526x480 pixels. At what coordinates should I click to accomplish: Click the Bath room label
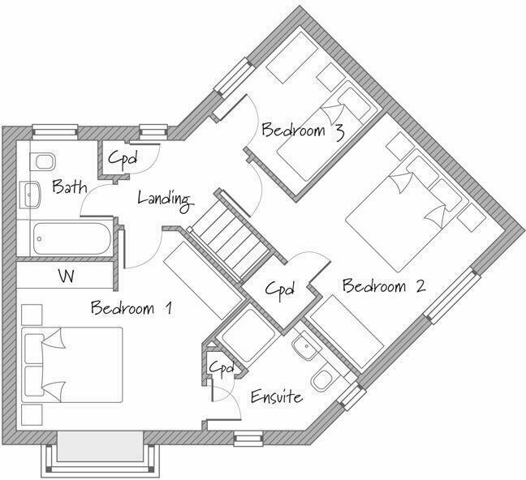(x=69, y=188)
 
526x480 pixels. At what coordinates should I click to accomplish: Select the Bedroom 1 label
(x=131, y=308)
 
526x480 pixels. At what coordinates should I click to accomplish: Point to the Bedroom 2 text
(x=383, y=286)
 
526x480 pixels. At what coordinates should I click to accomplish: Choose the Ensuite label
(x=276, y=397)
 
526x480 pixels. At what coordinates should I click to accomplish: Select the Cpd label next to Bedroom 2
(x=279, y=289)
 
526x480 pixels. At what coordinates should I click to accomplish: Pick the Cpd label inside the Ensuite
(x=221, y=368)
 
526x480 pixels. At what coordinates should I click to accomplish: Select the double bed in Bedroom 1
(x=73, y=364)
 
